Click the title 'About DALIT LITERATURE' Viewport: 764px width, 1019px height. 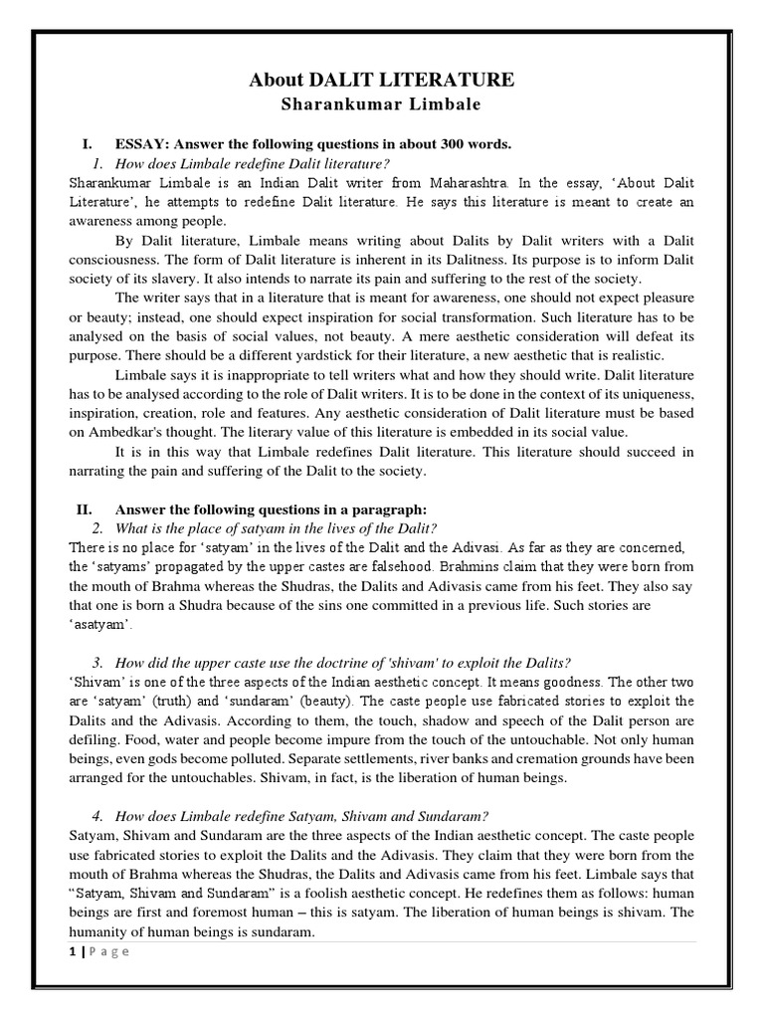pos(382,81)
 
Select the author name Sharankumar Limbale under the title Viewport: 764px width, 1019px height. pos(382,104)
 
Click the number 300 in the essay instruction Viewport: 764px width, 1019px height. pos(440,144)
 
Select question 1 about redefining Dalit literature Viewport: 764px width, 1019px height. pos(253,163)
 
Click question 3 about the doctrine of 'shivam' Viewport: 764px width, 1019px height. pos(343,663)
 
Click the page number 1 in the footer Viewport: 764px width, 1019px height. pos(73,950)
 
